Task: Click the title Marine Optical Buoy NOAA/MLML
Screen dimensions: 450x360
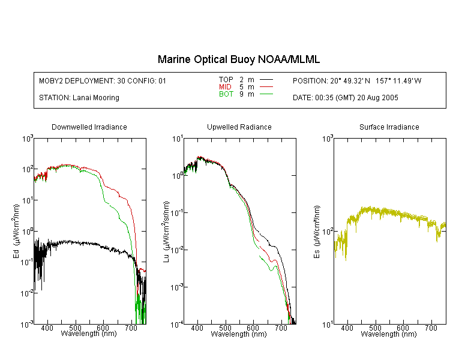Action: (238, 59)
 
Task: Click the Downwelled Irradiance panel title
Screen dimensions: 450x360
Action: (89, 127)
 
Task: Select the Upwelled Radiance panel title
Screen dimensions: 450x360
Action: (239, 127)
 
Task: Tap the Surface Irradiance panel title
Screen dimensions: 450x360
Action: (389, 127)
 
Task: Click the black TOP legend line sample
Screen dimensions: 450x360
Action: (266, 80)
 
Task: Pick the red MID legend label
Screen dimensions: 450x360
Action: (225, 86)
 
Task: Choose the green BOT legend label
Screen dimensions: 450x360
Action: (226, 94)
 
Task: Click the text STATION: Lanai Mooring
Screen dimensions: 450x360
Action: (79, 98)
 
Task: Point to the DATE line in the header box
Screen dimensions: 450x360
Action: (345, 98)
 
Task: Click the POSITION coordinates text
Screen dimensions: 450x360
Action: (357, 81)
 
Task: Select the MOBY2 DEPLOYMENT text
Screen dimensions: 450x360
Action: (103, 81)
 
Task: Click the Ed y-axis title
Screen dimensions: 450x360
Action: (16, 231)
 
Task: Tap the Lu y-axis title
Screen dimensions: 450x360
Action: (166, 232)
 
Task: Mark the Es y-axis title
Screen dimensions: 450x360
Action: (317, 232)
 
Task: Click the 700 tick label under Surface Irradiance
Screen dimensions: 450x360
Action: (431, 328)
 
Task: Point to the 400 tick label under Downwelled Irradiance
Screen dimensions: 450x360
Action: (47, 328)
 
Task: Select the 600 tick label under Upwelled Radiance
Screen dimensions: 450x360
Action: (253, 328)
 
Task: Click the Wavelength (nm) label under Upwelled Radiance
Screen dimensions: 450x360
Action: (239, 334)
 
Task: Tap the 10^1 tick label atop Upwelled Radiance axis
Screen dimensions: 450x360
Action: (178, 139)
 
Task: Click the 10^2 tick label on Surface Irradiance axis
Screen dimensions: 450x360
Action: (328, 231)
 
